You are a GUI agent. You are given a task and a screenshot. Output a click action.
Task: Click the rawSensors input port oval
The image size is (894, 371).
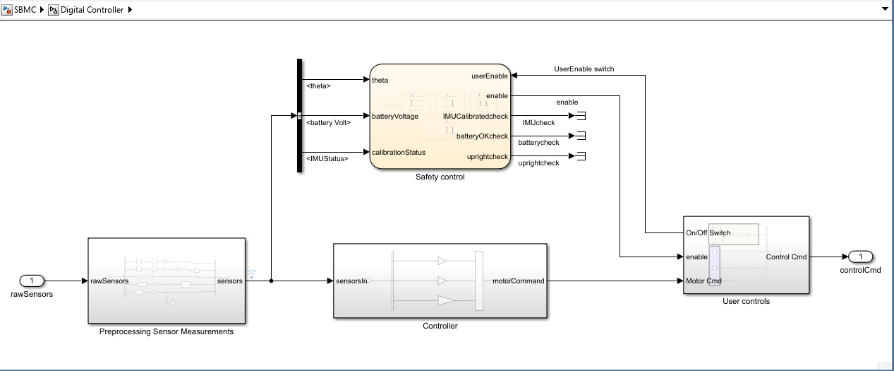(x=32, y=281)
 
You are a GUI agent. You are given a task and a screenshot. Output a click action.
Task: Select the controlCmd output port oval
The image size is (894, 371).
(x=860, y=257)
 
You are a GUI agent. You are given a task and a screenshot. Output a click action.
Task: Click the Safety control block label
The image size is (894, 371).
(x=440, y=177)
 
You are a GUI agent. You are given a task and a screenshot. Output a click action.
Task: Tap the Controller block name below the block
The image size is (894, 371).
(x=440, y=326)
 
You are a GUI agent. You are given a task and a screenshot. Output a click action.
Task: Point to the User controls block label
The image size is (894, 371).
(x=746, y=302)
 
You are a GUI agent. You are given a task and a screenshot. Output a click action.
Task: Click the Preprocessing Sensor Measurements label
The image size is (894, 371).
(x=167, y=331)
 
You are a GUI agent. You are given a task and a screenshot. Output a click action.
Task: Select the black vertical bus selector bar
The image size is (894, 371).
(x=299, y=115)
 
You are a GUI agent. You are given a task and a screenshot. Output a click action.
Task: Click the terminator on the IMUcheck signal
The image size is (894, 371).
(x=581, y=116)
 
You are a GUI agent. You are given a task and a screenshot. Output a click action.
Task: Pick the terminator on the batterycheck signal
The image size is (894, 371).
(x=581, y=136)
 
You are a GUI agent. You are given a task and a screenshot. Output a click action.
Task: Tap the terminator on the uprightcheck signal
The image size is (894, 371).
(x=581, y=156)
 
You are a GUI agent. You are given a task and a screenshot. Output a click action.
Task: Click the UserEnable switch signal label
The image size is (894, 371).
(x=584, y=69)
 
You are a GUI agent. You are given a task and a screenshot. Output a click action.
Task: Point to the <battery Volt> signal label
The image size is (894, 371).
(x=329, y=123)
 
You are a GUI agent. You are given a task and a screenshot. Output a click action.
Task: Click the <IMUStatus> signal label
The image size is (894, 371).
(x=327, y=159)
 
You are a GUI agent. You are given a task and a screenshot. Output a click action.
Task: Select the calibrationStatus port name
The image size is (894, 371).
(x=399, y=153)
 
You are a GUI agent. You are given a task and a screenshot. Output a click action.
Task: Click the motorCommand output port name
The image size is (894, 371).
(x=518, y=281)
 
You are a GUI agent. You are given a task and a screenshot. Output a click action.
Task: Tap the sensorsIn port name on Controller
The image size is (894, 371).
(x=351, y=281)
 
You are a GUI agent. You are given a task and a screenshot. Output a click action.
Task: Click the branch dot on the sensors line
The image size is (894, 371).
(x=272, y=281)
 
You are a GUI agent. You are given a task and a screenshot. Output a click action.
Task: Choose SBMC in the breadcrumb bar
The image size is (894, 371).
(x=25, y=10)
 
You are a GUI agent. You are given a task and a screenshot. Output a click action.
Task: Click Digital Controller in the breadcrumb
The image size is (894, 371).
(x=92, y=10)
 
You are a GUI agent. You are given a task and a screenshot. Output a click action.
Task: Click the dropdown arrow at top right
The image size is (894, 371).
(x=885, y=8)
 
